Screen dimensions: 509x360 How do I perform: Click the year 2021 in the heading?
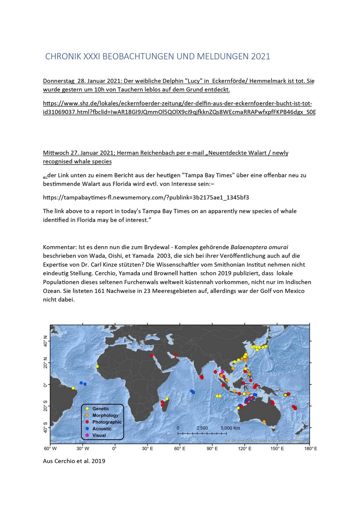coord(260,57)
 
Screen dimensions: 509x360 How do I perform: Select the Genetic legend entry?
coord(100,408)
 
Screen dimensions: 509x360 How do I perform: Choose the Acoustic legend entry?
coord(102,429)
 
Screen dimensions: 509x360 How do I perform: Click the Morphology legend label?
coord(105,415)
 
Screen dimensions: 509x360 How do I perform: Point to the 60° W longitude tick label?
coord(50,448)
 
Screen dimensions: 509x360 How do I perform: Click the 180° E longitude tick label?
coord(310,448)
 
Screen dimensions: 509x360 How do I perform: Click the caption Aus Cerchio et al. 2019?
coord(74,461)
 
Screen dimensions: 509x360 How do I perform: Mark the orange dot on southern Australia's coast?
coord(264,421)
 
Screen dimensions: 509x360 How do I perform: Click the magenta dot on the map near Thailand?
coord(223,372)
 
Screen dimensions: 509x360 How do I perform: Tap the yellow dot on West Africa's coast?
coord(97,366)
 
